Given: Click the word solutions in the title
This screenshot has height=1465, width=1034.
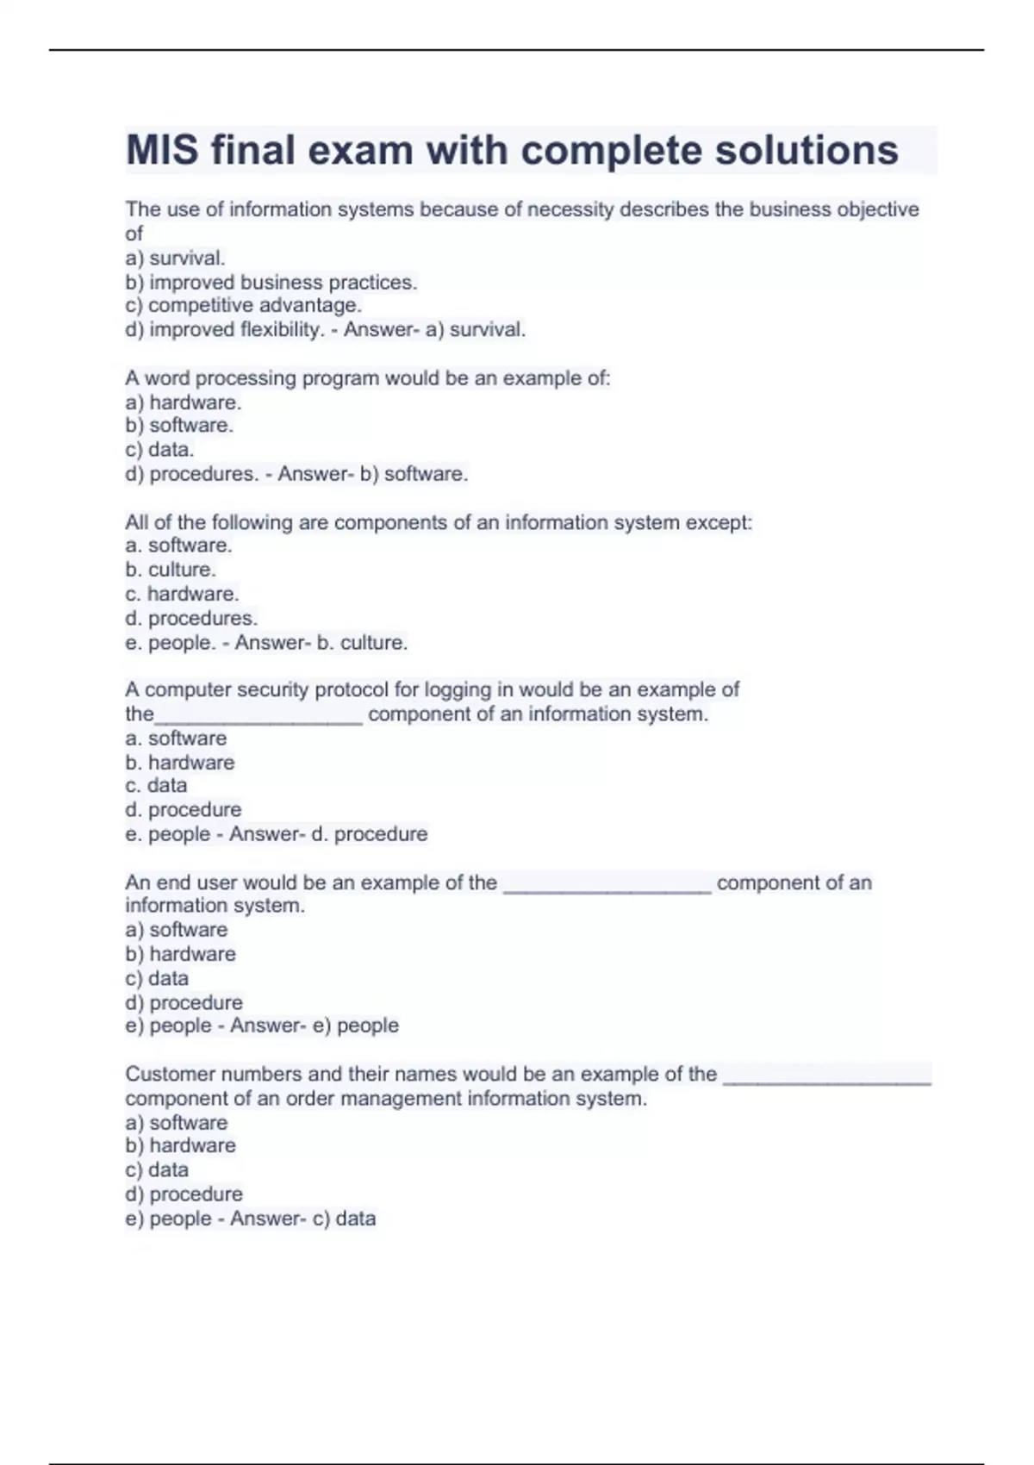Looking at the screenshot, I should (807, 151).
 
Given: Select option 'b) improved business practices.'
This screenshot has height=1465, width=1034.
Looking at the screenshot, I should (271, 282).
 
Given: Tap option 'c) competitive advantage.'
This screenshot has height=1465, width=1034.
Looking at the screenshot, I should (244, 305).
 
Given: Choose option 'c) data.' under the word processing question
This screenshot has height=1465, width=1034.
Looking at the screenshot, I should (159, 449).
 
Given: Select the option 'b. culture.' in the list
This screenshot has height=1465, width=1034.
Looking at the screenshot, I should (171, 570).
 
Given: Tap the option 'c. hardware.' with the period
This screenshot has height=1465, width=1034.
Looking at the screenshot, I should (182, 594).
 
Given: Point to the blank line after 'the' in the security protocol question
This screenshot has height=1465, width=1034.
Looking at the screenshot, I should (258, 719).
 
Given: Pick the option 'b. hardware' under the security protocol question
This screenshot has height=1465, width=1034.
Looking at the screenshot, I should (179, 763).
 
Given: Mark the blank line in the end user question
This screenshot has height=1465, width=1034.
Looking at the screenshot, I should (607, 888).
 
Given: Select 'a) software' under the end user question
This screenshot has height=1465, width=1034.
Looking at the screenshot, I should (177, 930).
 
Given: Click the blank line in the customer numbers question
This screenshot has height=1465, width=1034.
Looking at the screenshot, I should (827, 1080).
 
